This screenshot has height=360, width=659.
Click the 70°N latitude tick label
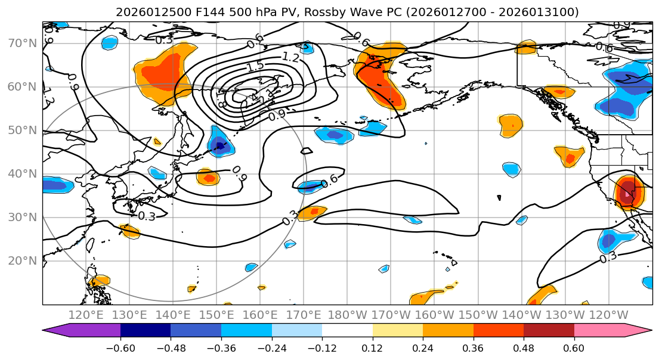pyautogui.click(x=22, y=44)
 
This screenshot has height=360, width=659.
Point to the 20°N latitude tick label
pyautogui.click(x=22, y=261)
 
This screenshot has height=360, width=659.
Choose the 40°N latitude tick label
pyautogui.click(x=22, y=174)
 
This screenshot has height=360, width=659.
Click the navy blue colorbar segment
pyautogui.click(x=146, y=331)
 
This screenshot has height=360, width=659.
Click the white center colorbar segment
pyautogui.click(x=347, y=331)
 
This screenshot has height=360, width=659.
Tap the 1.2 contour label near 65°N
pyautogui.click(x=290, y=57)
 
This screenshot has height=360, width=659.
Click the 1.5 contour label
pyautogui.click(x=255, y=67)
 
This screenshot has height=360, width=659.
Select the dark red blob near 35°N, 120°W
pyautogui.click(x=627, y=193)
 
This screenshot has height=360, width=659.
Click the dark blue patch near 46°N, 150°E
pyautogui.click(x=220, y=145)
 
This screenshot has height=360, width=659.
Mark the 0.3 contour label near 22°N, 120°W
pyautogui.click(x=608, y=257)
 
